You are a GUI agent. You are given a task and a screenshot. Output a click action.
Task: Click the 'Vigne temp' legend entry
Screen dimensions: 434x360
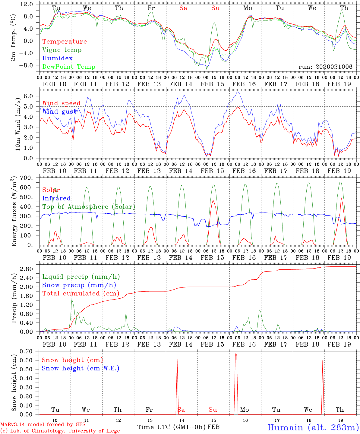(x=62, y=50)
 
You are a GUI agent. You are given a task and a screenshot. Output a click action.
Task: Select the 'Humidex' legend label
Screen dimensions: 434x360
(x=57, y=58)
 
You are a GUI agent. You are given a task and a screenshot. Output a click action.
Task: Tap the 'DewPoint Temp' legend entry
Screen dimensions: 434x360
(x=69, y=67)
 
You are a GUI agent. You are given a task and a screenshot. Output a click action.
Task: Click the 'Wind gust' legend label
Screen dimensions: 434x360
(x=59, y=112)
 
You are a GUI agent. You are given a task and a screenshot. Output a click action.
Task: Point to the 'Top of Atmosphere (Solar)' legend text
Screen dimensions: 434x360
(x=89, y=207)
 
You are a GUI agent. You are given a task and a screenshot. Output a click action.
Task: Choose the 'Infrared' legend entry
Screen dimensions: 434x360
(x=56, y=198)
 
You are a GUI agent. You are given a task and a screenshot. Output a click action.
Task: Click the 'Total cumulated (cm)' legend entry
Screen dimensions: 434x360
(x=81, y=294)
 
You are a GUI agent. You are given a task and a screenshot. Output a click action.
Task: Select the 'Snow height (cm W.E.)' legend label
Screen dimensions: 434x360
(x=81, y=368)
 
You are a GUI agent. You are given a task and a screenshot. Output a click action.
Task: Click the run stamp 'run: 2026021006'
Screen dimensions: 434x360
(x=325, y=67)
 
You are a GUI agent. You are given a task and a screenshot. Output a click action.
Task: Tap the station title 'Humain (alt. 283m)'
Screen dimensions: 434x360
(x=313, y=427)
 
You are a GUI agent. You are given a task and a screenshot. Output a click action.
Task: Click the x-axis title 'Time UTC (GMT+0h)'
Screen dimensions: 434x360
(x=171, y=427)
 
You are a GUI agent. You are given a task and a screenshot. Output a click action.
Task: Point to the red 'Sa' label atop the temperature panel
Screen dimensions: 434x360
(x=183, y=8)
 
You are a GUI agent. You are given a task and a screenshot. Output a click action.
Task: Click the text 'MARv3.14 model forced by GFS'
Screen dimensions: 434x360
(x=43, y=425)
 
